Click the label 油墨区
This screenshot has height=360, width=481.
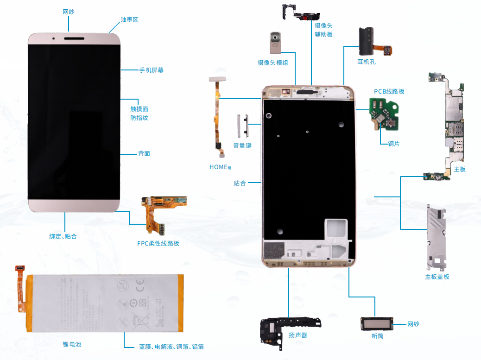click(x=129, y=19)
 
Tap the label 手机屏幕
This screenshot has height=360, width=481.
click(x=151, y=70)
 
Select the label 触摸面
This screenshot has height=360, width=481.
click(x=139, y=109)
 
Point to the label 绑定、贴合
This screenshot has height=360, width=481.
click(x=63, y=236)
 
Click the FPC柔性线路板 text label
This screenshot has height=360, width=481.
click(x=158, y=243)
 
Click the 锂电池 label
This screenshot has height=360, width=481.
click(x=72, y=344)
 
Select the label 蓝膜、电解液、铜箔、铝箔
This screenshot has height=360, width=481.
click(x=171, y=347)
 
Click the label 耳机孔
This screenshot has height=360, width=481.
click(x=366, y=61)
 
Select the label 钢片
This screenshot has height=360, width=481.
click(x=393, y=144)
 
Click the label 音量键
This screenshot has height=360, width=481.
click(x=242, y=145)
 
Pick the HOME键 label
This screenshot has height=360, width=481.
click(x=220, y=167)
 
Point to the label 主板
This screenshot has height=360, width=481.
click(x=460, y=170)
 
